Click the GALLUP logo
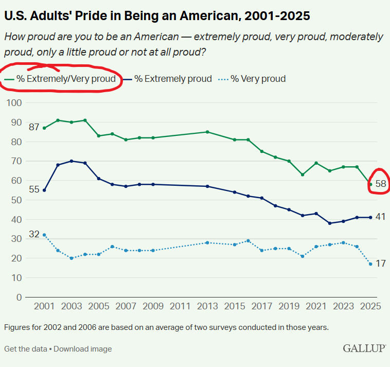click(364, 348)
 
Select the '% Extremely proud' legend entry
click(172, 79)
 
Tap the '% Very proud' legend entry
click(257, 79)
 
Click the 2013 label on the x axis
click(207, 307)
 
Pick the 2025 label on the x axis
click(370, 307)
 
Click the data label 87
click(34, 127)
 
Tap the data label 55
click(34, 189)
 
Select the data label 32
click(34, 234)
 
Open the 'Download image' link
click(82, 349)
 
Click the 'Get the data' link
click(25, 349)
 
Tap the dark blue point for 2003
click(72, 161)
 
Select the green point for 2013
click(207, 132)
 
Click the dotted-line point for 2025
click(370, 264)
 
